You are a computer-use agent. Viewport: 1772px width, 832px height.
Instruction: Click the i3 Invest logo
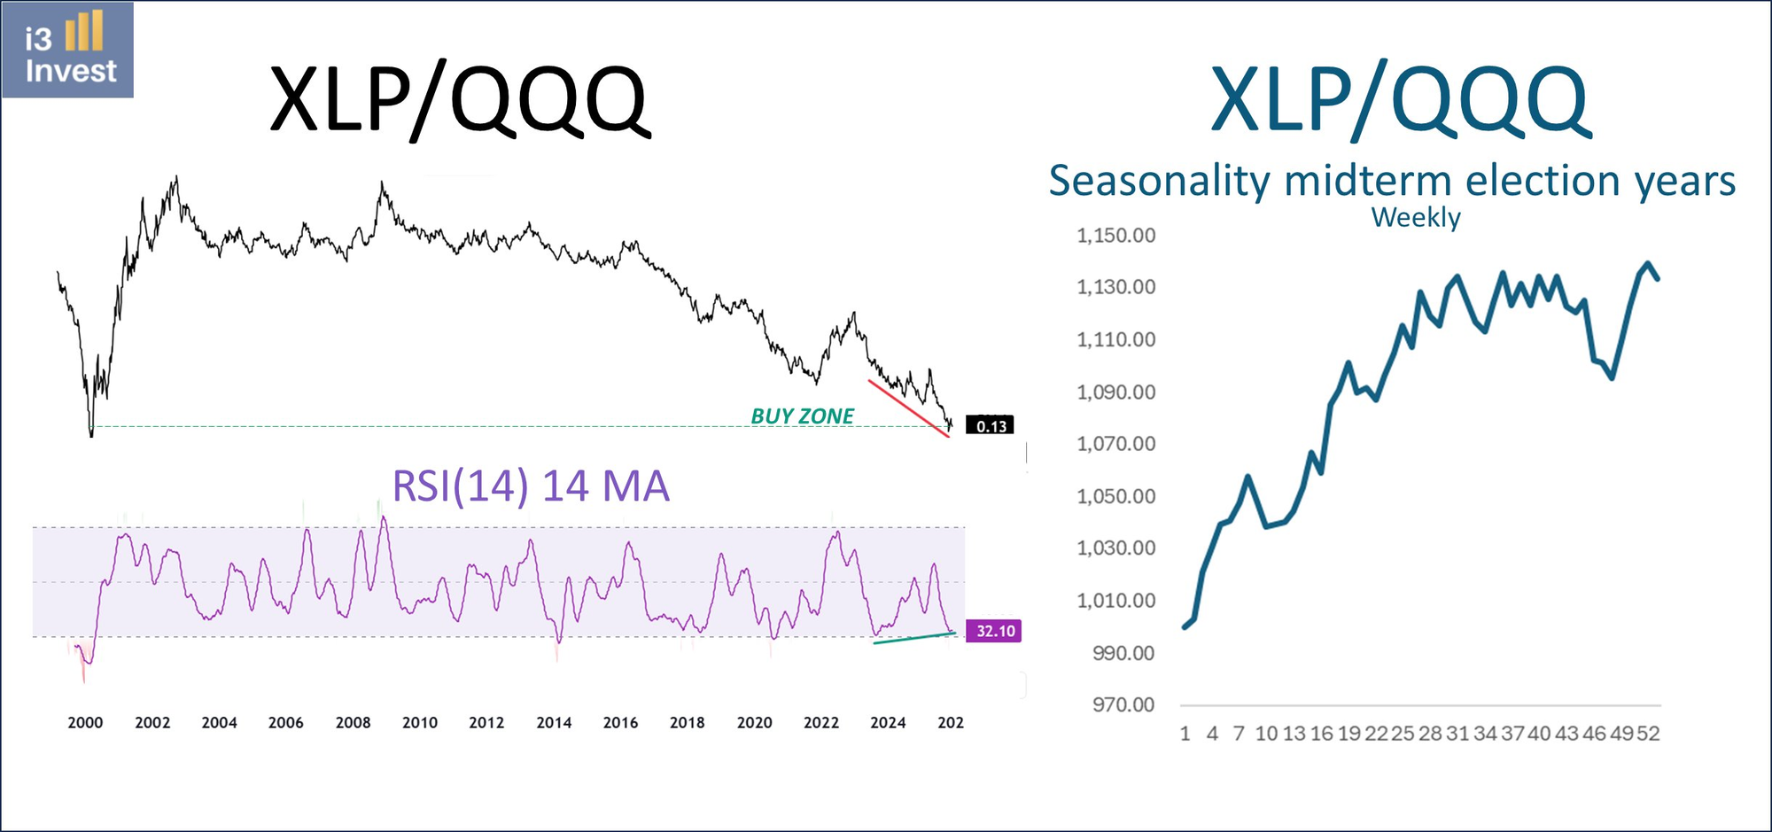tap(68, 51)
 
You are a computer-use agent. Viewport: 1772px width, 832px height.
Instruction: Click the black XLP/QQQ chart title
tap(459, 99)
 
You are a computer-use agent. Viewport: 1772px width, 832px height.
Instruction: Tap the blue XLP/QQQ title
tap(1400, 99)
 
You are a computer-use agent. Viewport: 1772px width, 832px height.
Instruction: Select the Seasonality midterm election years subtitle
tap(1391, 181)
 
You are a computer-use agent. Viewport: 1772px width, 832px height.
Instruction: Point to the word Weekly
tap(1416, 217)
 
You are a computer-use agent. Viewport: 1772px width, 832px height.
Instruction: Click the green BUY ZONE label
tap(802, 416)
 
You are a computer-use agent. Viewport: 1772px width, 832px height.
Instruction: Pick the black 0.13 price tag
tap(991, 426)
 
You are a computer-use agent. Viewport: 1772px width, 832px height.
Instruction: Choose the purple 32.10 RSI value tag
tap(995, 631)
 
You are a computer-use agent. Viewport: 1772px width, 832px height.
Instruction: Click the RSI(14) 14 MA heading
tap(530, 486)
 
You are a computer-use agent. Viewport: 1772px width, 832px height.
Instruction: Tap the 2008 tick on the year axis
tap(353, 722)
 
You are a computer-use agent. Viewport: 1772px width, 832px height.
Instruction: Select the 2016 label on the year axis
tap(620, 722)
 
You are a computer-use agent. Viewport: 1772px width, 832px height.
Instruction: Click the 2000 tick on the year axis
tap(85, 722)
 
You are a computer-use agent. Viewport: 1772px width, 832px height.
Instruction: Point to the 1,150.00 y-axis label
tap(1115, 236)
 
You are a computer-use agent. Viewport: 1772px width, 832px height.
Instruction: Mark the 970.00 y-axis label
tap(1123, 704)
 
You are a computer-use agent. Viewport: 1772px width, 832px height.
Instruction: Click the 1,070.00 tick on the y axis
tap(1115, 443)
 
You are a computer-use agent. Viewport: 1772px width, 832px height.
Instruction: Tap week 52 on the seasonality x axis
tap(1648, 734)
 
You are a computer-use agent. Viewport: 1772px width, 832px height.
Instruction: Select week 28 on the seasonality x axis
tap(1430, 734)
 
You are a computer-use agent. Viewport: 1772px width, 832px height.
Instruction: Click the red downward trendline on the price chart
tap(908, 408)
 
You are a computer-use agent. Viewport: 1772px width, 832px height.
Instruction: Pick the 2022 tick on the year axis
tap(820, 722)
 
